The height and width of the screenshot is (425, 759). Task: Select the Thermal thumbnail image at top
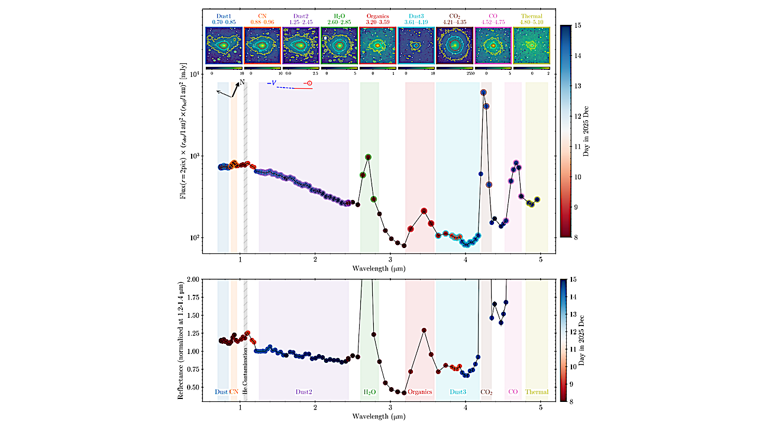531,45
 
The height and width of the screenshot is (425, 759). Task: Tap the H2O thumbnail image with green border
339,45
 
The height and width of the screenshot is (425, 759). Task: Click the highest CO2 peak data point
483,92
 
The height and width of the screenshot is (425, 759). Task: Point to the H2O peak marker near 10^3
369,157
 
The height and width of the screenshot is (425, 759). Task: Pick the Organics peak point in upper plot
424,211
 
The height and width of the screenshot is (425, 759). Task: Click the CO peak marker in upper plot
516,163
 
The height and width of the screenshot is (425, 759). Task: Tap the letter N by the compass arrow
242,82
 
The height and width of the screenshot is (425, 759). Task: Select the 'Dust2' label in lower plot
303,392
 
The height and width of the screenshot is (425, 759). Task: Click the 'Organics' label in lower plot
420,392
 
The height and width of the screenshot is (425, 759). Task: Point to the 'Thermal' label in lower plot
537,392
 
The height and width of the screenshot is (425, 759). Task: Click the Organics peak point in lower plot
424,330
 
